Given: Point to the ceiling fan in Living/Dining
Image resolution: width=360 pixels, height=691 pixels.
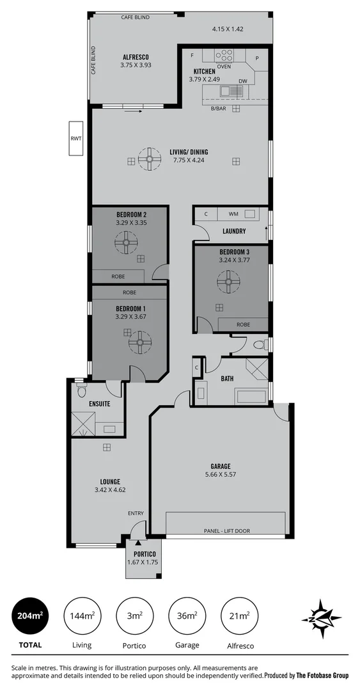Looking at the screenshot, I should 150,161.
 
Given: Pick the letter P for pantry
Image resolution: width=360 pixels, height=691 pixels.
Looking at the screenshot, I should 258,58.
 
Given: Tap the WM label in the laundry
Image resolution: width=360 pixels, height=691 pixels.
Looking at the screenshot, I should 233,213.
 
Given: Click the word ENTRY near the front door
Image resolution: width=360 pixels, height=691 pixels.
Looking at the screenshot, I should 136,513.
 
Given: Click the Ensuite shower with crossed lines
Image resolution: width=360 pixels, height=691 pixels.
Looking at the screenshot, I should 83,423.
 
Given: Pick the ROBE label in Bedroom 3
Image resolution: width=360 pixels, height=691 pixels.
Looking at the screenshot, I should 243,324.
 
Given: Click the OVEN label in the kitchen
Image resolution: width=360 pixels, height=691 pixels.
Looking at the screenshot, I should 224,66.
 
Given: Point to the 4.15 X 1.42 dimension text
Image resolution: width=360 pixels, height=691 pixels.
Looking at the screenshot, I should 228,29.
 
